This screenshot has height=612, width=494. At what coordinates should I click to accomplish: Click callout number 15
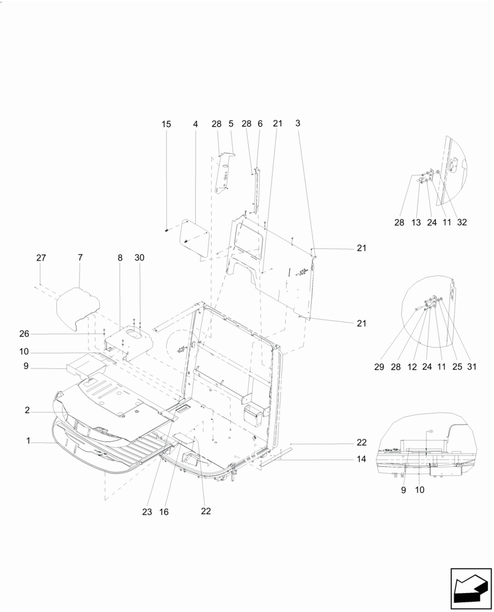tap(166, 124)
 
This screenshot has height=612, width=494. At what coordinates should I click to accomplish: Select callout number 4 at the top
tap(196, 124)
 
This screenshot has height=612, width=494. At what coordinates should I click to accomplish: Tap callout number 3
tap(298, 124)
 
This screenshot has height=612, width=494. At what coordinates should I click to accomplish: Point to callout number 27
tap(41, 258)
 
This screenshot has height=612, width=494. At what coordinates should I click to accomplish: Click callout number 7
tap(80, 258)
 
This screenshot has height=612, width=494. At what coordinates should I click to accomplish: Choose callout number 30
tap(140, 258)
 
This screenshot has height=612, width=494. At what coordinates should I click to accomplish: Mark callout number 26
tap(24, 334)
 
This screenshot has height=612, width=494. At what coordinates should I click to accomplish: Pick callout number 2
tap(28, 411)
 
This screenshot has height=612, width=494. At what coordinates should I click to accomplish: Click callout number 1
tap(28, 441)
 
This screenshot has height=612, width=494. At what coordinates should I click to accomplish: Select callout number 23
tap(147, 512)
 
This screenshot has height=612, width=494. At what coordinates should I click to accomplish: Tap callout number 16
tap(163, 512)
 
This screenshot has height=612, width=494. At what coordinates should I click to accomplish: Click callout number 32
tap(462, 223)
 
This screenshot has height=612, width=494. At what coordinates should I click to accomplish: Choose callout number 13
tap(416, 223)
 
